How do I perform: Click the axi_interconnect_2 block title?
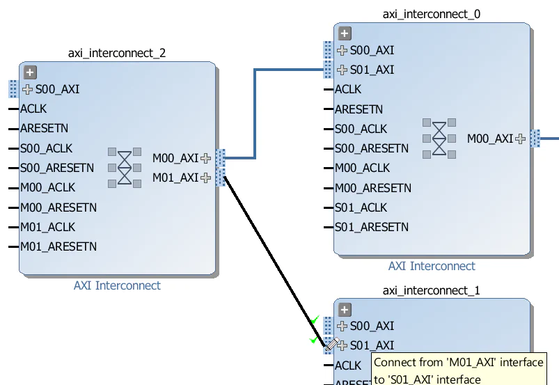(117, 53)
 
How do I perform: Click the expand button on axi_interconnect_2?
(29, 72)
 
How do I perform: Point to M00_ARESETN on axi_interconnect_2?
(58, 207)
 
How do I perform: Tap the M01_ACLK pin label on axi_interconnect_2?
(47, 227)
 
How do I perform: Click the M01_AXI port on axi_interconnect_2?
(175, 178)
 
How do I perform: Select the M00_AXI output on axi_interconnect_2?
(175, 158)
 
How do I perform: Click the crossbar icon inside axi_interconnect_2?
(124, 167)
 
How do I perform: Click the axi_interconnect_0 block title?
(432, 14)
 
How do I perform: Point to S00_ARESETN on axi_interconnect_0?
(372, 148)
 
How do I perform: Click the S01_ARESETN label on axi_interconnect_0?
(372, 227)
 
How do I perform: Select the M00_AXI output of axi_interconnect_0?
(490, 139)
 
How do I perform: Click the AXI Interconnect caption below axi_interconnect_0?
(432, 266)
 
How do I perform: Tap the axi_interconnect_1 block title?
(432, 290)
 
